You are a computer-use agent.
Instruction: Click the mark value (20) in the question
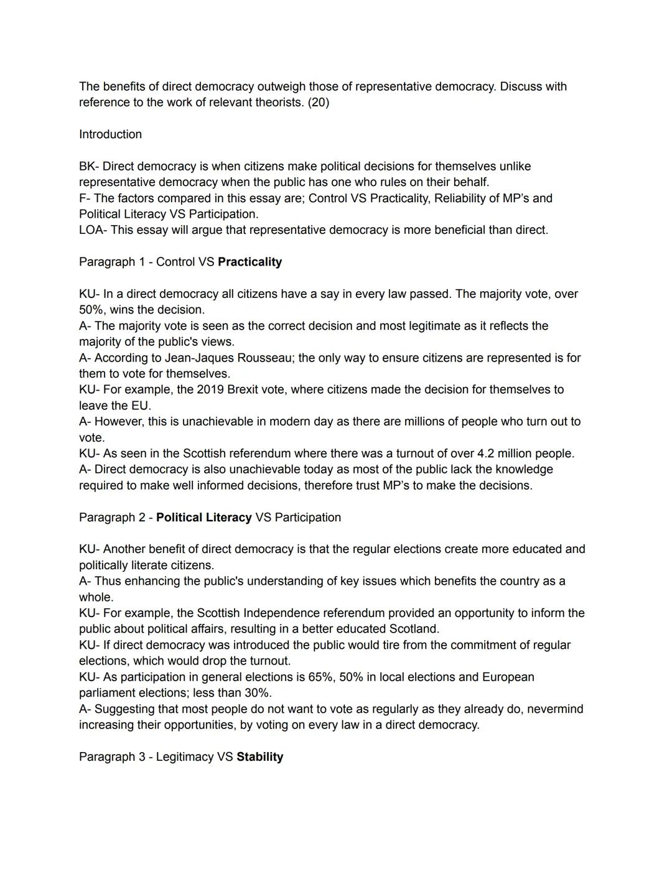coord(318,103)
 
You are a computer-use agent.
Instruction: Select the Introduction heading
coord(110,134)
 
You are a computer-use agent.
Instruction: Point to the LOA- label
coord(93,230)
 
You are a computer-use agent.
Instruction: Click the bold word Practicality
coord(250,262)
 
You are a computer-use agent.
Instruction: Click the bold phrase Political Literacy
coord(203,518)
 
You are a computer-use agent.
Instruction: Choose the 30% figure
coord(256,693)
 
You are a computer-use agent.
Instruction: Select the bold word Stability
coord(259,757)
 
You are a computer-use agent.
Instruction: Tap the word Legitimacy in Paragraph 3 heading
coord(184,757)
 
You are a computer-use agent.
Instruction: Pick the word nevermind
coord(555,709)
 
